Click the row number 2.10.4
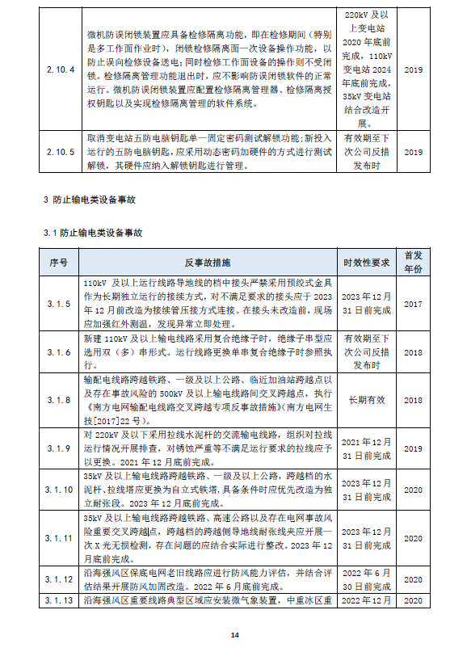[x=60, y=69]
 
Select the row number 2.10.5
[x=60, y=152]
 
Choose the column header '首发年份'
[x=413, y=263]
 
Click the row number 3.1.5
[x=60, y=304]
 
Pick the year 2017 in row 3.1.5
[x=413, y=304]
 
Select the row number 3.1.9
[x=60, y=448]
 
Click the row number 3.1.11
[x=60, y=537]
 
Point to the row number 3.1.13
[x=60, y=601]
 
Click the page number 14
[x=234, y=636]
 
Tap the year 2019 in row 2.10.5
[x=413, y=152]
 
